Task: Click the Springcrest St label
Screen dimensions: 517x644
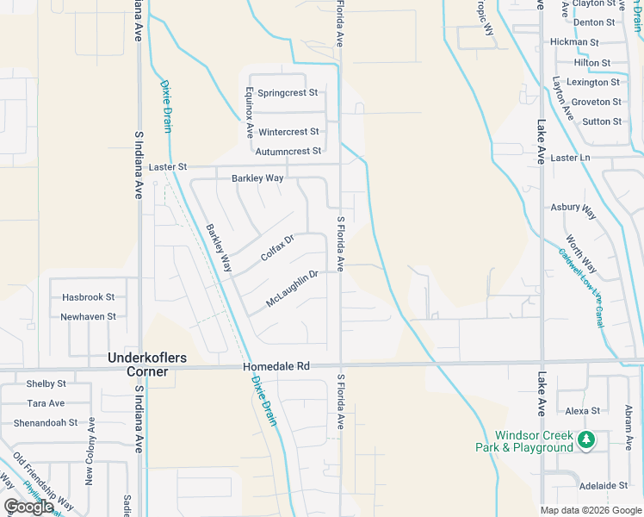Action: pos(288,92)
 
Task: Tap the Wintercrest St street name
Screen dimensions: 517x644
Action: pos(288,132)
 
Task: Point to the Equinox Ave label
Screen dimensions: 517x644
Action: pos(249,112)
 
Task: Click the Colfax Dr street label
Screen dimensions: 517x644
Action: pos(277,248)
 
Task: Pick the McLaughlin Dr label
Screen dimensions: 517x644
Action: pos(292,289)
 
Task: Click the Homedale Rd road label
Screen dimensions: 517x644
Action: pos(276,366)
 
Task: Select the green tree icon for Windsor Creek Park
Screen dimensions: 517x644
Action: pos(586,440)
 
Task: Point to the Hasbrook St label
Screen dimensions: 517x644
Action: pos(88,297)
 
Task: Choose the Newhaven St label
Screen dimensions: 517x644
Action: pos(88,316)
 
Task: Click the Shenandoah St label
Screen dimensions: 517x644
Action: pos(45,423)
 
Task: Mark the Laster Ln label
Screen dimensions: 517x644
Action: pos(570,158)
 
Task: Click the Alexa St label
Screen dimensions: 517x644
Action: pos(582,411)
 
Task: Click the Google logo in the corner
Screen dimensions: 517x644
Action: pos(28,507)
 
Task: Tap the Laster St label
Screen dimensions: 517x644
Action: pos(167,166)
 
